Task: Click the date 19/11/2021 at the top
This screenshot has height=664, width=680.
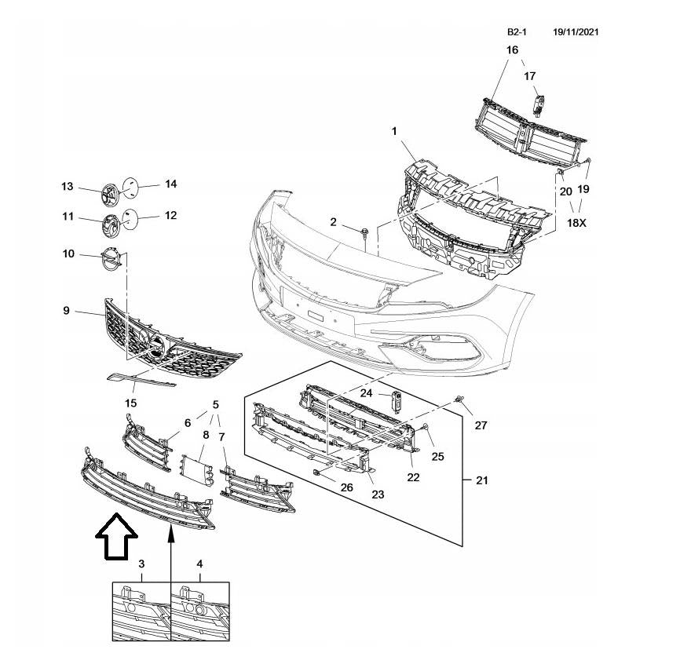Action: pyautogui.click(x=576, y=32)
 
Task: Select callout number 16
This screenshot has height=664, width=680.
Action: pyautogui.click(x=512, y=50)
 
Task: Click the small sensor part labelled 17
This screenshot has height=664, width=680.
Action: pyautogui.click(x=539, y=104)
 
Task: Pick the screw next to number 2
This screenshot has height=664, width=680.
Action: pyautogui.click(x=367, y=232)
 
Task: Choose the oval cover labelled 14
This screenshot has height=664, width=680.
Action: pyautogui.click(x=133, y=185)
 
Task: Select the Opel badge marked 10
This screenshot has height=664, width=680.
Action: pyautogui.click(x=111, y=259)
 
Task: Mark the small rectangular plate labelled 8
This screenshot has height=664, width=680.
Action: pyautogui.click(x=196, y=470)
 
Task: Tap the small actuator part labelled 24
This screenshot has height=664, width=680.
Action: pyautogui.click(x=397, y=399)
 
